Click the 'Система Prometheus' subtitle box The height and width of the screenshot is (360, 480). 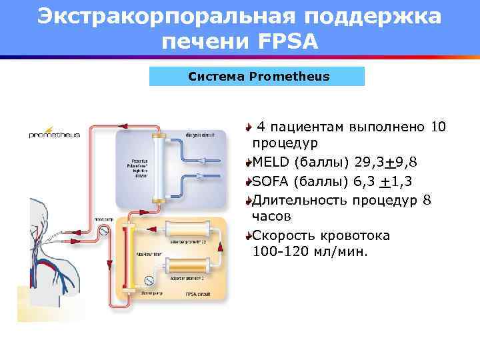[259, 76]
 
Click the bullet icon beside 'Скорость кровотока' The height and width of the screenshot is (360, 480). [248, 236]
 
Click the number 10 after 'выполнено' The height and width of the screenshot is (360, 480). [439, 127]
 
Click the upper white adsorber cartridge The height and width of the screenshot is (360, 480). [190, 231]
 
